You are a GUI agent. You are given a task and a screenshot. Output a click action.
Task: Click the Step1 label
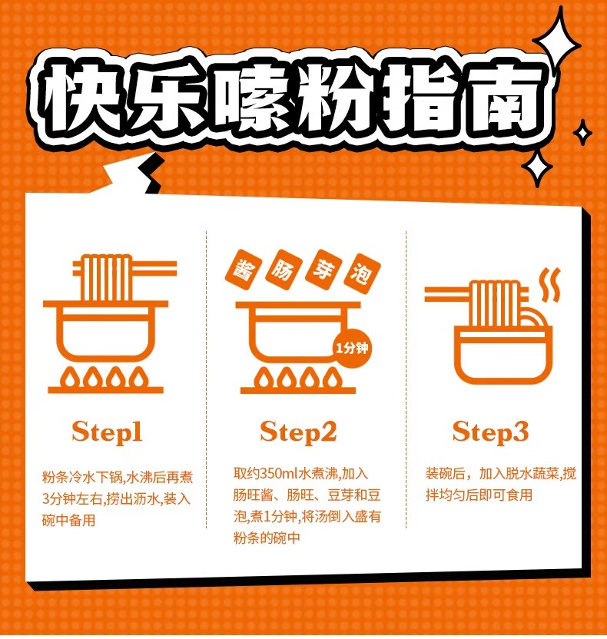tap(107, 432)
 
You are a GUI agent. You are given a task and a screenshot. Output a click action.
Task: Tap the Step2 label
tap(298, 432)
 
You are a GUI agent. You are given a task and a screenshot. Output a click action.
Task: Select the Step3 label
tap(490, 432)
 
